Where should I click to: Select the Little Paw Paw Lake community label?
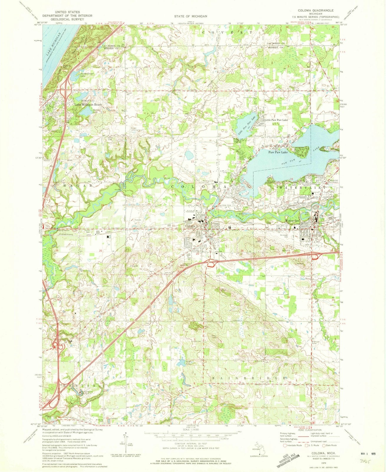276,120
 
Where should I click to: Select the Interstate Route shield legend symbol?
285,445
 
